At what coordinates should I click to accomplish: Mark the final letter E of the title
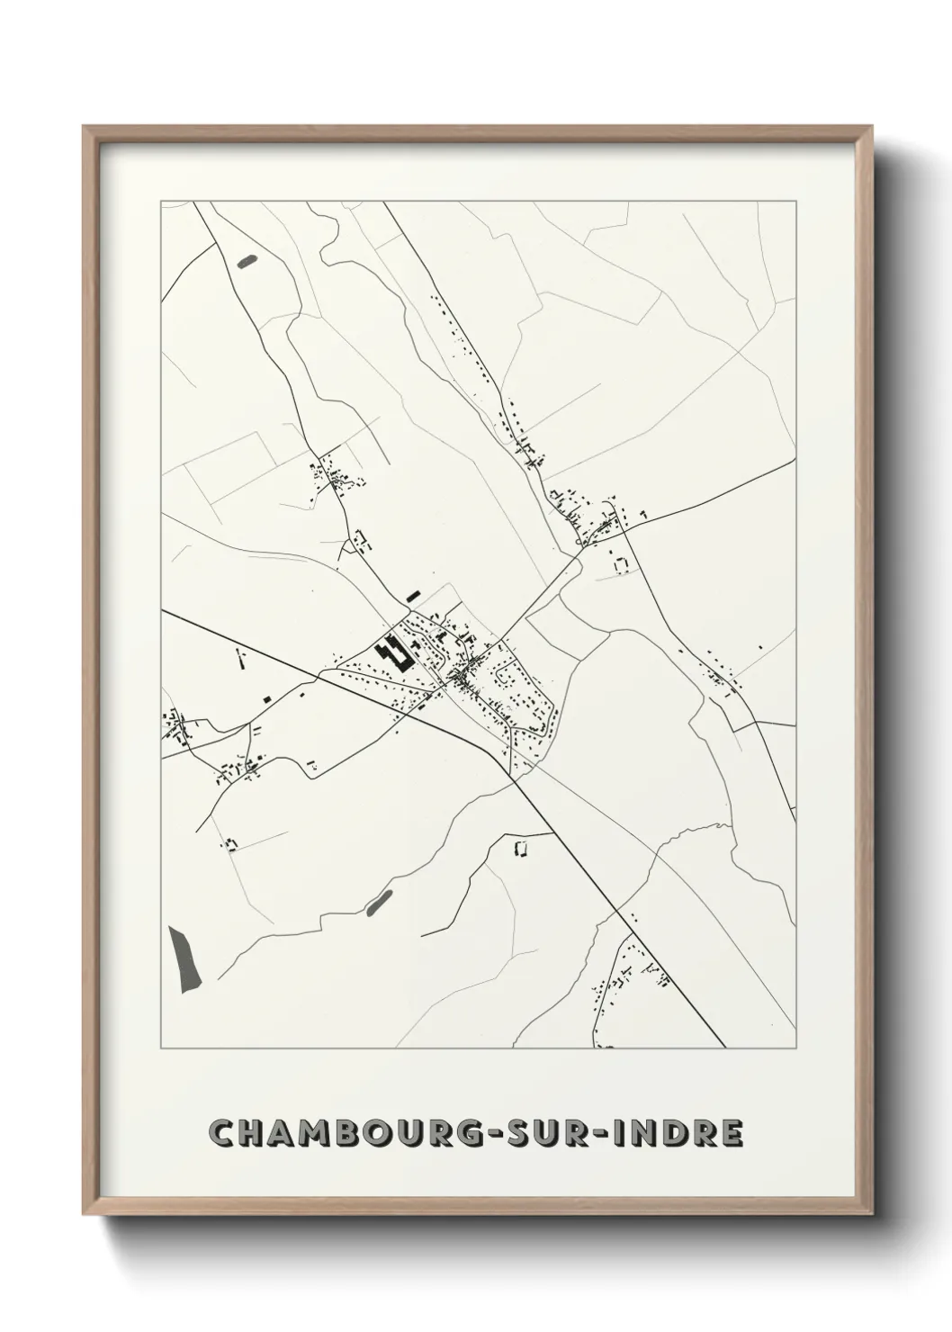coord(731,1134)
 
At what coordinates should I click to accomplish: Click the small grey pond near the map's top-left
coord(246,262)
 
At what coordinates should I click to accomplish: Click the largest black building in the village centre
coord(395,654)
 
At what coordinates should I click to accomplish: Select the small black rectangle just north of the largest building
coord(413,595)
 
